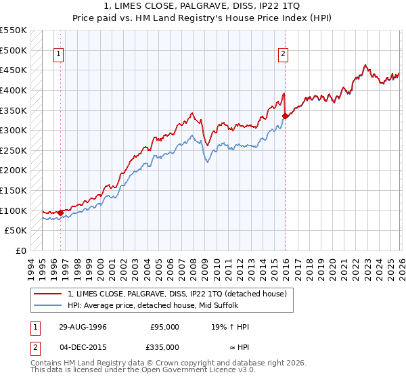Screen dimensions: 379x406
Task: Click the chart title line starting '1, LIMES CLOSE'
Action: pos(203,7)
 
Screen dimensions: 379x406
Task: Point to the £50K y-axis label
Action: pos(16,231)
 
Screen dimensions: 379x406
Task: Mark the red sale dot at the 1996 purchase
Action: pos(60,213)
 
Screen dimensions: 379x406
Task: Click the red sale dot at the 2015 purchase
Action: pos(285,116)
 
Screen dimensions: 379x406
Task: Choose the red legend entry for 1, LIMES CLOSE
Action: pos(177,293)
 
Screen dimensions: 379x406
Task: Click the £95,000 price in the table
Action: pos(165,327)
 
